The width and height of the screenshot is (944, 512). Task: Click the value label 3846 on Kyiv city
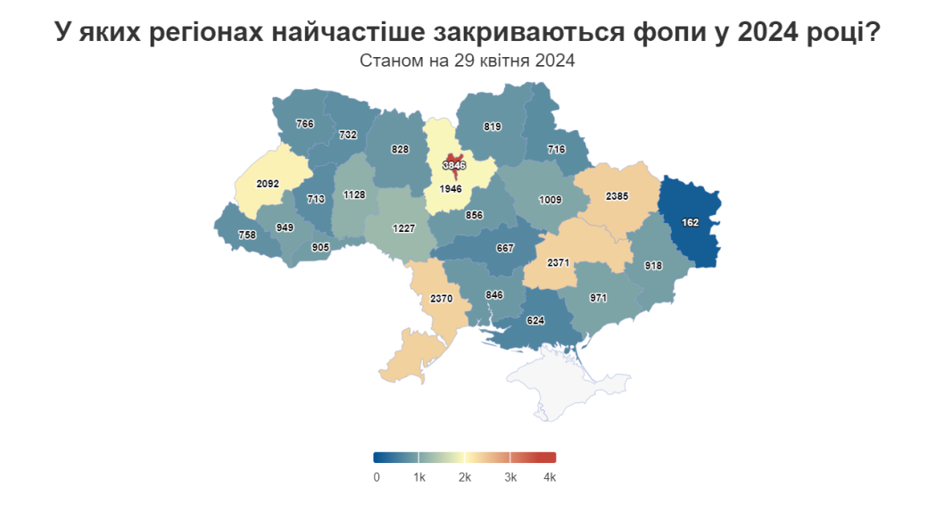click(x=454, y=165)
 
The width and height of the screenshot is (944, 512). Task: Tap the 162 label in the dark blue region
click(x=690, y=223)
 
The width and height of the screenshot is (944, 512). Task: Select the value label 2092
click(x=268, y=184)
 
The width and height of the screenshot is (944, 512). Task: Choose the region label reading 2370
click(x=442, y=298)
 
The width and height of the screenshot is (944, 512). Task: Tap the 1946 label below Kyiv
click(x=451, y=189)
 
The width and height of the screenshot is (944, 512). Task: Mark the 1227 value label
click(x=404, y=228)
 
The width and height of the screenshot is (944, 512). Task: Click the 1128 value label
click(x=354, y=194)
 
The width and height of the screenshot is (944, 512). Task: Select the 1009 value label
click(x=549, y=201)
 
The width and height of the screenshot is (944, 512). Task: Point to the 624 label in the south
click(x=535, y=320)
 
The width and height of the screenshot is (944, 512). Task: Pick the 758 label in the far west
click(x=247, y=235)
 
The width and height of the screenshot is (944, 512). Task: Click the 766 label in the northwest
click(x=305, y=124)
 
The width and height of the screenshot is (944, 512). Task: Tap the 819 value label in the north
click(x=492, y=127)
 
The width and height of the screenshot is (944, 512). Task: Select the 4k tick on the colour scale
click(x=550, y=478)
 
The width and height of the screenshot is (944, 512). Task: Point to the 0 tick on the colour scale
click(x=377, y=478)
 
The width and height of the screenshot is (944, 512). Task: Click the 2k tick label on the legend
click(x=465, y=478)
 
